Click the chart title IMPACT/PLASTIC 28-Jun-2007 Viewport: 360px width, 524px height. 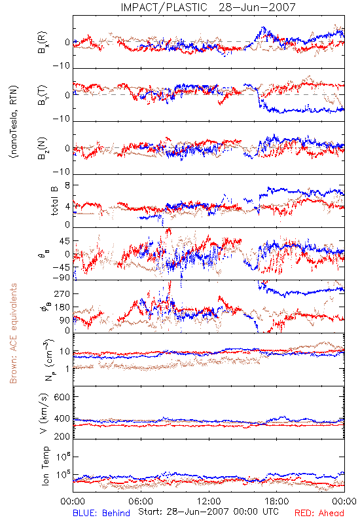point(208,7)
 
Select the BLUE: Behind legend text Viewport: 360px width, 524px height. point(101,513)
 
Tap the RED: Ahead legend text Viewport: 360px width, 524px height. point(319,513)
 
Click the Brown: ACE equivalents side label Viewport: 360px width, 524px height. point(13,333)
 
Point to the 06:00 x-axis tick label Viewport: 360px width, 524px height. point(141,501)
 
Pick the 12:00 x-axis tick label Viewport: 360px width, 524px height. point(209,501)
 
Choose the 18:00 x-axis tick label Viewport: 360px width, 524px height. point(277,501)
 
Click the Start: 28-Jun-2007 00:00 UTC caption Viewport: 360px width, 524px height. point(208,512)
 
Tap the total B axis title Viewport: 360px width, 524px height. point(54,201)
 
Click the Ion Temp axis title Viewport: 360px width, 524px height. point(45,466)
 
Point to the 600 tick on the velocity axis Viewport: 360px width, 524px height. point(62,397)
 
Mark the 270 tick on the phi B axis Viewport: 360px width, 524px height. point(62,293)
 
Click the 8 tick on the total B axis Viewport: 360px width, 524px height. point(67,185)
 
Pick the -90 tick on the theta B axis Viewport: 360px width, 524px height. point(62,278)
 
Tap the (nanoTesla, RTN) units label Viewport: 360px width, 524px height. point(13,122)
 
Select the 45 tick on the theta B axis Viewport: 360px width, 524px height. point(65,241)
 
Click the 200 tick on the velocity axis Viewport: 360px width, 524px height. point(62,436)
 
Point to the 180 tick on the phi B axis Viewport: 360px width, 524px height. point(62,307)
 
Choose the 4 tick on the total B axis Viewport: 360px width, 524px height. point(67,206)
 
